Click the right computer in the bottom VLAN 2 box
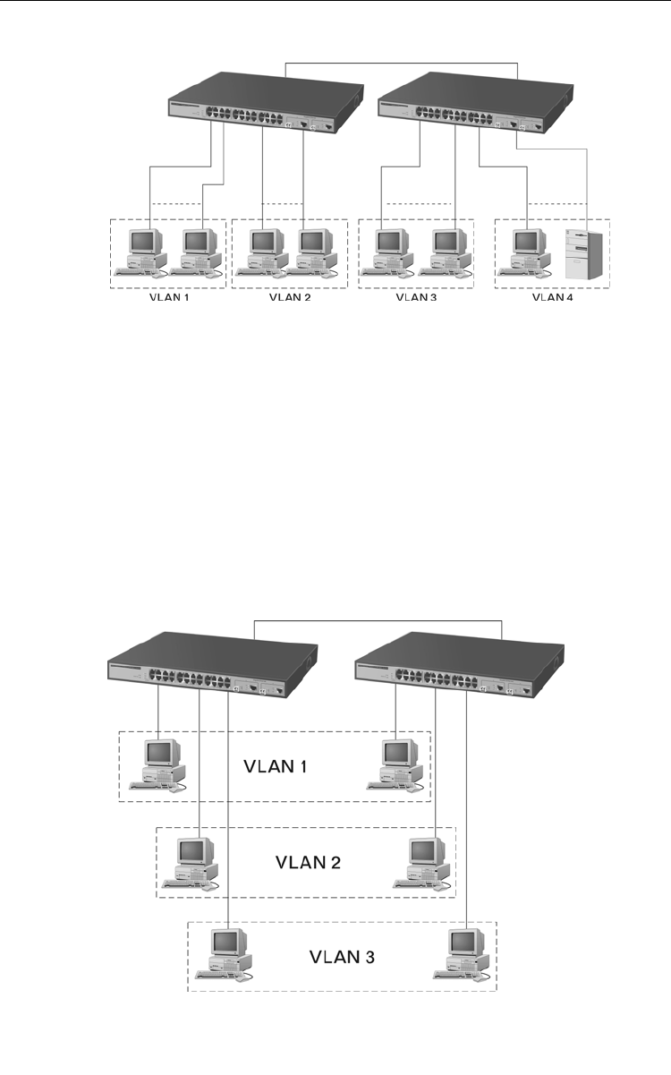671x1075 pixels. (x=425, y=861)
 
